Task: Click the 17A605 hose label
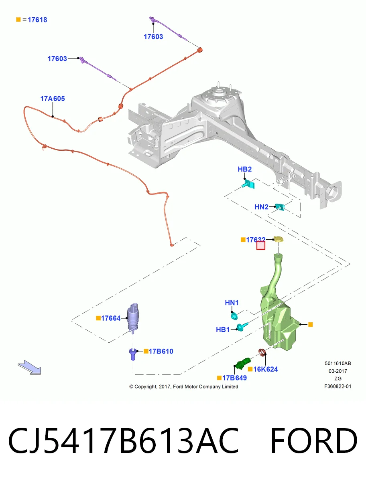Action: (53, 99)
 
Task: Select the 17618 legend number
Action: (37, 20)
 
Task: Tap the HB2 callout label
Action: (244, 169)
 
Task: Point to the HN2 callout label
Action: (261, 207)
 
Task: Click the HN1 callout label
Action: (232, 303)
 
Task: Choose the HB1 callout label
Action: (223, 329)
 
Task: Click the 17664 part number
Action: (111, 318)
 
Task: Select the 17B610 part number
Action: (161, 351)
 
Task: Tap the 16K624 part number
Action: (266, 369)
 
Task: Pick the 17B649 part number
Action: (234, 378)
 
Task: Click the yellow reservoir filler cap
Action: (279, 239)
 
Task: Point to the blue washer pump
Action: (133, 317)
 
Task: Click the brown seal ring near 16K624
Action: (262, 352)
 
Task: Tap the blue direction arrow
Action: (29, 367)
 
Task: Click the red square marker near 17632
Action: (261, 245)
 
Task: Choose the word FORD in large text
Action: (314, 441)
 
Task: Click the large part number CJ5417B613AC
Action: (123, 441)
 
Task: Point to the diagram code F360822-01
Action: (338, 386)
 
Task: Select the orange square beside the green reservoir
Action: (310, 325)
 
